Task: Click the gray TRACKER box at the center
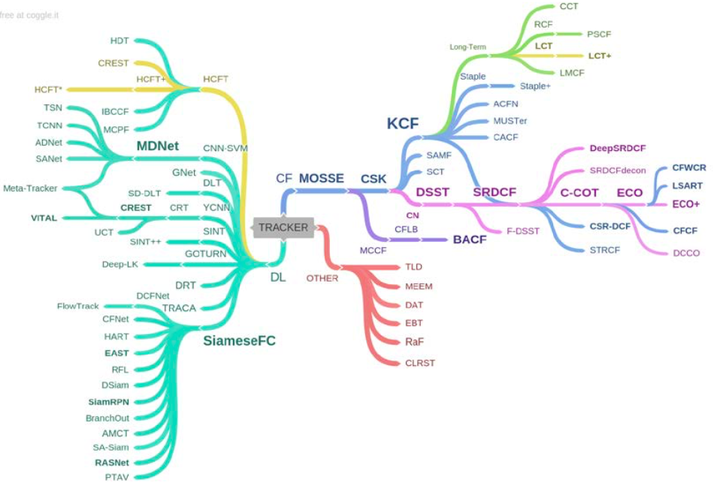[283, 227]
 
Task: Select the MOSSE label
[321, 179]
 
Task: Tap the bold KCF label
[403, 124]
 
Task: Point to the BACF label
[470, 240]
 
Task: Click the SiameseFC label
[239, 341]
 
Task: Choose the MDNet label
[158, 146]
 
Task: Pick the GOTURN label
[204, 254]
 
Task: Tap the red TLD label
[414, 267]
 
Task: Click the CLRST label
[420, 363]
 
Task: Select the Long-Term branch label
[467, 47]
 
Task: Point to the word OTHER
[322, 278]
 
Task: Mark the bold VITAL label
[44, 218]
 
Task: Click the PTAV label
[116, 476]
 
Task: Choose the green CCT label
[569, 6]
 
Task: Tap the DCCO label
[685, 253]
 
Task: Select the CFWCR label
[689, 168]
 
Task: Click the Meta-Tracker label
[29, 188]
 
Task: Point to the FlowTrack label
[77, 306]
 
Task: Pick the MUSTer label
[510, 120]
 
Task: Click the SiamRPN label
[108, 401]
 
